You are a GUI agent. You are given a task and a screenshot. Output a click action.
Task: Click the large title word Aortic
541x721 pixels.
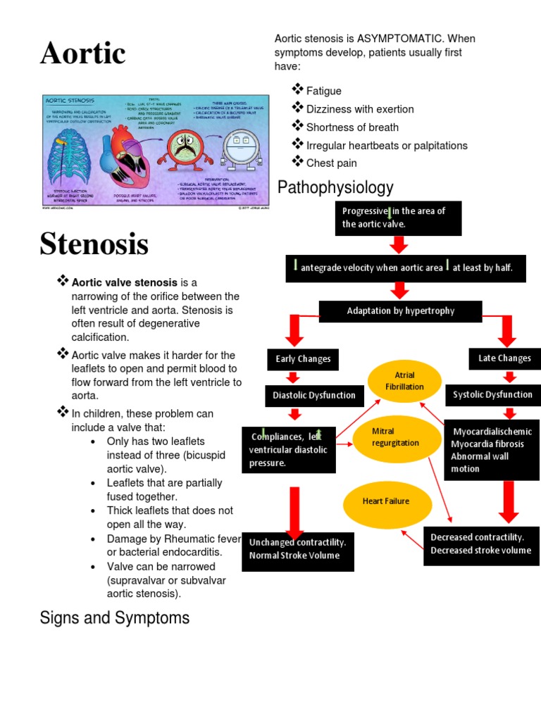(x=83, y=54)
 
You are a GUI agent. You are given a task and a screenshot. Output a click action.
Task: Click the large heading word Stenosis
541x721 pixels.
(x=94, y=244)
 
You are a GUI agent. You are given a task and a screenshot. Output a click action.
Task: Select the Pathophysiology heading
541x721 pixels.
(x=335, y=187)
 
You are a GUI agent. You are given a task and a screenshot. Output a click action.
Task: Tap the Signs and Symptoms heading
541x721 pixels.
(x=115, y=618)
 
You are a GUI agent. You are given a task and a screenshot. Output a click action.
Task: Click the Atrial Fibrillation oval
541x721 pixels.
(x=404, y=381)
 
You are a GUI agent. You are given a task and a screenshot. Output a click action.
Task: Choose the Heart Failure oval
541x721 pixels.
(x=386, y=501)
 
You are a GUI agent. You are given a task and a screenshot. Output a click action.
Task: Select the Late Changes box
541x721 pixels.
(x=504, y=358)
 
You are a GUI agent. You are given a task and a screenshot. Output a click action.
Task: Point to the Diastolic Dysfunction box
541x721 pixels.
(x=314, y=396)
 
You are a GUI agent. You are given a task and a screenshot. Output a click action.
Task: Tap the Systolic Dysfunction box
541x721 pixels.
(x=492, y=395)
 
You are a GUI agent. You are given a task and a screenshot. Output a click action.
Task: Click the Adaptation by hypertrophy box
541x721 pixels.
(x=400, y=311)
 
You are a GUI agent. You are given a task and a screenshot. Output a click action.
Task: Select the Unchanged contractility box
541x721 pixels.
(x=297, y=549)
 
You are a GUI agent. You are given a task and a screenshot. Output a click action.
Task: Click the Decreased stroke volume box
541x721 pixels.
(x=481, y=544)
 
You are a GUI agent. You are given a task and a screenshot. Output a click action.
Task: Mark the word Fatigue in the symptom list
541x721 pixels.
(x=324, y=91)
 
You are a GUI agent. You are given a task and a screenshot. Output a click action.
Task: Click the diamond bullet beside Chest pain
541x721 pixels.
(x=297, y=162)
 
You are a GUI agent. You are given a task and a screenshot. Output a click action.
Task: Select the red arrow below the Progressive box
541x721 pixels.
(x=399, y=244)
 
